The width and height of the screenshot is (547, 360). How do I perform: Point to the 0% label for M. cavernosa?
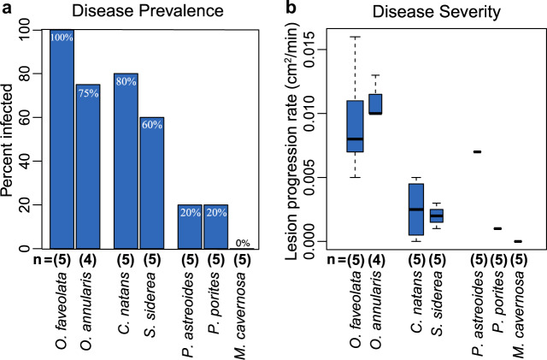pyautogui.click(x=243, y=243)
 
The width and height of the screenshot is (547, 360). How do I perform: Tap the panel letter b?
pyautogui.click(x=292, y=8)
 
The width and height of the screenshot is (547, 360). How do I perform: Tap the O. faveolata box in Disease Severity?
pyautogui.click(x=355, y=127)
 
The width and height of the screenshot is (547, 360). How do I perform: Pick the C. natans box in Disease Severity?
pyautogui.click(x=416, y=209)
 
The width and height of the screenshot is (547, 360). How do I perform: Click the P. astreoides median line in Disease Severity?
pyautogui.click(x=478, y=151)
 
